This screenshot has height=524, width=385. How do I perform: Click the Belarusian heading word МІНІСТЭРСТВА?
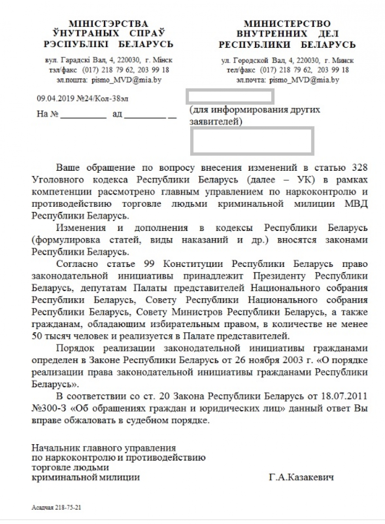[x=108, y=24]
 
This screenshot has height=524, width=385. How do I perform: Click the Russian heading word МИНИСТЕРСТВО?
[x=287, y=24]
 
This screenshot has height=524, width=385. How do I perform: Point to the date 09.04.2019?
[x=51, y=99]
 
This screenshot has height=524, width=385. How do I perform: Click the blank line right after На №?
[x=83, y=115]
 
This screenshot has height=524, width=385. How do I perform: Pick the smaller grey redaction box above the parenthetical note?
[x=230, y=97]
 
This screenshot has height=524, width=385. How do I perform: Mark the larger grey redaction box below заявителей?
[x=252, y=141]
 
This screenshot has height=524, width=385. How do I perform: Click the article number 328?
[x=359, y=168]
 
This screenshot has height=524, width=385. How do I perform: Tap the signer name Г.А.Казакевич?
[x=301, y=477]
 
